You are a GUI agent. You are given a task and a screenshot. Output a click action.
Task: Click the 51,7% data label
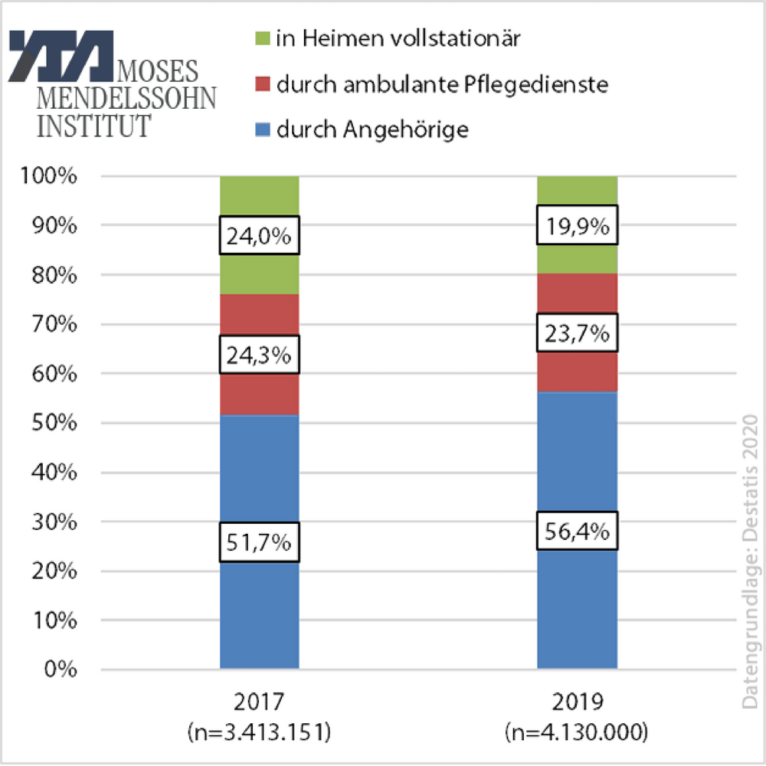pos(259,543)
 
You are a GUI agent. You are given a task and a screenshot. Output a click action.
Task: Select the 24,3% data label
pos(259,355)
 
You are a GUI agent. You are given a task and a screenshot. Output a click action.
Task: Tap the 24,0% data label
pos(259,236)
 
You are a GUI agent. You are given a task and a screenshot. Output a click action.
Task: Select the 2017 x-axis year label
pos(259,704)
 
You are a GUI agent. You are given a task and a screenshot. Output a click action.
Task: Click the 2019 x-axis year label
pos(578,704)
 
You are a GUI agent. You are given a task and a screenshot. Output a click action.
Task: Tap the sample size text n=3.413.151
pos(259,732)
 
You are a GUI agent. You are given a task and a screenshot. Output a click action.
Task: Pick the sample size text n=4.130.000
pos(578,732)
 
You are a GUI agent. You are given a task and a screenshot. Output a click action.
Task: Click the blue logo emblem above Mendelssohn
pos(61,57)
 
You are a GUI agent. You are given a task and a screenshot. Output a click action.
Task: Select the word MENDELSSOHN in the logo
pos(126,98)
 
